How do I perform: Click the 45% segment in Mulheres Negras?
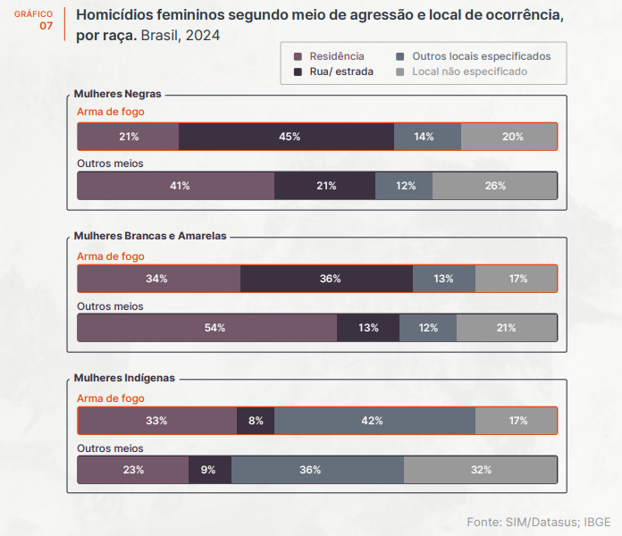click(x=289, y=137)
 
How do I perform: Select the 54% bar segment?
click(x=214, y=328)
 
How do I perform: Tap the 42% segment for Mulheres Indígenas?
click(x=373, y=421)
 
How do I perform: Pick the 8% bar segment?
click(x=256, y=421)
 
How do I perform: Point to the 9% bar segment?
click(x=208, y=470)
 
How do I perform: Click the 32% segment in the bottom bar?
click(x=481, y=470)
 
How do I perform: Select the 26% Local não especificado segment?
click(x=495, y=186)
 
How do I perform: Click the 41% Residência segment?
click(x=180, y=186)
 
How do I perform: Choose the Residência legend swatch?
click(x=298, y=56)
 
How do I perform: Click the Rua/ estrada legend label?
click(x=341, y=71)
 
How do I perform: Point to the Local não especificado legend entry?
click(x=469, y=71)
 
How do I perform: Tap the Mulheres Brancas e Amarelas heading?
click(x=150, y=236)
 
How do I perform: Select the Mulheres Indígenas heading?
click(x=124, y=378)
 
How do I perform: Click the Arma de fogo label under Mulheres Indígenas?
click(x=111, y=398)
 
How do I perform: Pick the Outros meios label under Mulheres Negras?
click(x=111, y=163)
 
